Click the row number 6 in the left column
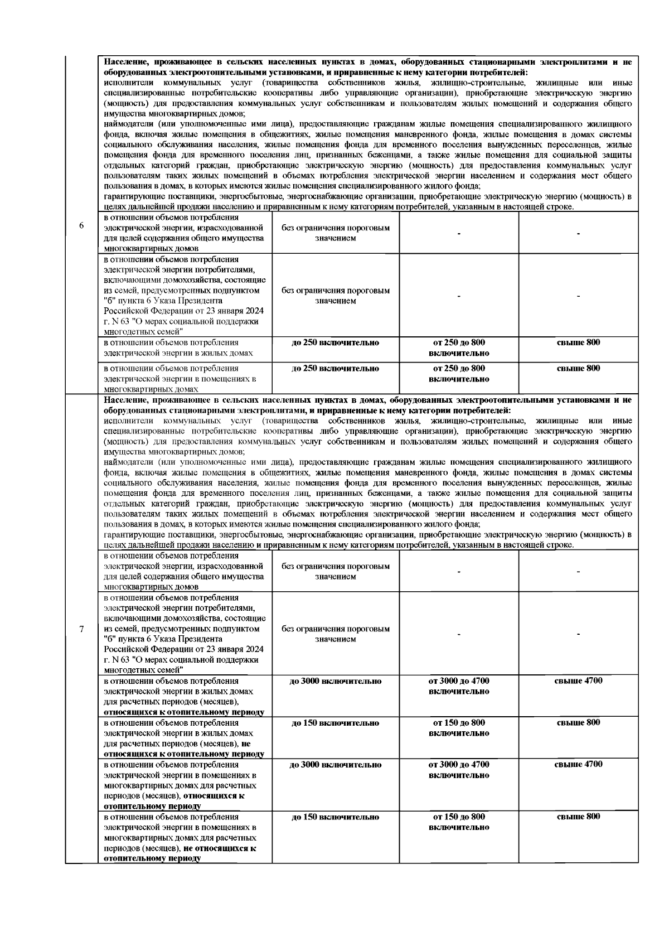pyautogui.click(x=81, y=226)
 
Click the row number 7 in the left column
pyautogui.click(x=81, y=629)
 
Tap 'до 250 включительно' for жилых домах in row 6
pyautogui.click(x=335, y=342)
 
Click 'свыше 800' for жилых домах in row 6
pyautogui.click(x=578, y=342)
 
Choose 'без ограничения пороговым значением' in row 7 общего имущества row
pyautogui.click(x=335, y=571)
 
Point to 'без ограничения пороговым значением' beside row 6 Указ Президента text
pyautogui.click(x=335, y=296)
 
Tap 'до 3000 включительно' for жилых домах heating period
pyautogui.click(x=335, y=681)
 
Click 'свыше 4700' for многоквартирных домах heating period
pyautogui.click(x=578, y=764)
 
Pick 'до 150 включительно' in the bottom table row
pyautogui.click(x=335, y=817)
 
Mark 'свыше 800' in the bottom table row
pyautogui.click(x=578, y=817)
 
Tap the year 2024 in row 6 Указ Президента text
pyautogui.click(x=254, y=311)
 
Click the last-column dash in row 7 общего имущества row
pyautogui.click(x=578, y=572)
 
